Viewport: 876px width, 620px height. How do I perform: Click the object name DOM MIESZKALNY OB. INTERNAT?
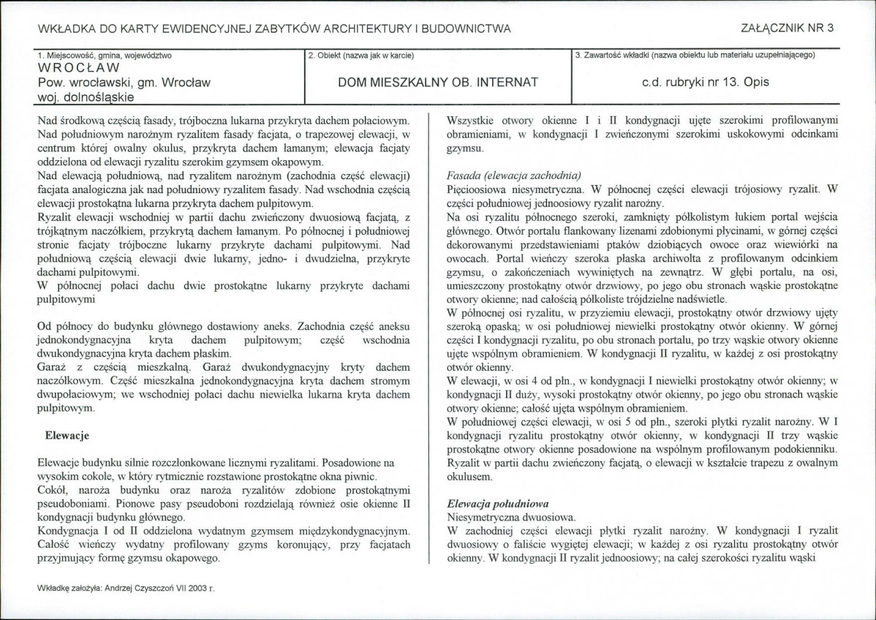[438, 83]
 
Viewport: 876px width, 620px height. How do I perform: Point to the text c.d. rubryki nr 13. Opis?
[705, 83]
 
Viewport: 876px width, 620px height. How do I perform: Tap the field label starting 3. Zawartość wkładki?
[695, 55]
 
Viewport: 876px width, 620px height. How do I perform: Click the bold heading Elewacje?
[67, 436]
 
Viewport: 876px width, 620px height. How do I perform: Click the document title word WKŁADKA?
[67, 29]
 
